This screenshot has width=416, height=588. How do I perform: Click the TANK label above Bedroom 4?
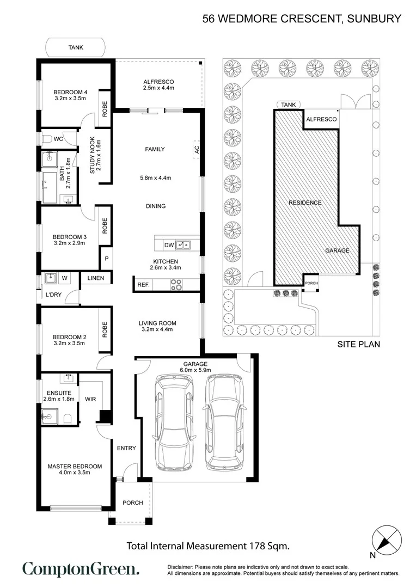(x=76, y=47)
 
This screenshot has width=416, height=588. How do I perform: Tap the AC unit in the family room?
(x=197, y=149)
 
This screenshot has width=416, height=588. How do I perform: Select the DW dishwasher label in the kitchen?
(x=169, y=245)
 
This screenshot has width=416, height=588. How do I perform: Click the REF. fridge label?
(x=143, y=285)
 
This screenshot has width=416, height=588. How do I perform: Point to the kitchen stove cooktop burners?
(x=176, y=285)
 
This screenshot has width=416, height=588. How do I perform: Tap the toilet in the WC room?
(x=46, y=139)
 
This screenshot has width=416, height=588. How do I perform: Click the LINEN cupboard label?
(x=96, y=278)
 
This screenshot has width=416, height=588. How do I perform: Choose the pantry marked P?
(x=107, y=259)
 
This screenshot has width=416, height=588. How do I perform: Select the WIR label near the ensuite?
(x=90, y=399)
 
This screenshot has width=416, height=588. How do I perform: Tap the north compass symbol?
(x=387, y=541)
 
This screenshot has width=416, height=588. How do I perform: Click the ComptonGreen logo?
(x=81, y=569)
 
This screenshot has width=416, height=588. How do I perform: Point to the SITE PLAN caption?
(x=359, y=344)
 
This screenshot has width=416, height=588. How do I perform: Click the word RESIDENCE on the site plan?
(x=305, y=203)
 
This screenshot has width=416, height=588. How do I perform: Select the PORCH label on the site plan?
(x=311, y=283)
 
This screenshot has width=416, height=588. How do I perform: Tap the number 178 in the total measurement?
(x=256, y=546)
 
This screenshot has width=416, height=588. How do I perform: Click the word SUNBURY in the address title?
(x=374, y=19)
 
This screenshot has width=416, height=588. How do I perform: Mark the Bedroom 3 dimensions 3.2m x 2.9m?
(x=69, y=243)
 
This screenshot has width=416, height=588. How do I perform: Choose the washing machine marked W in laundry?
(x=64, y=278)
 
